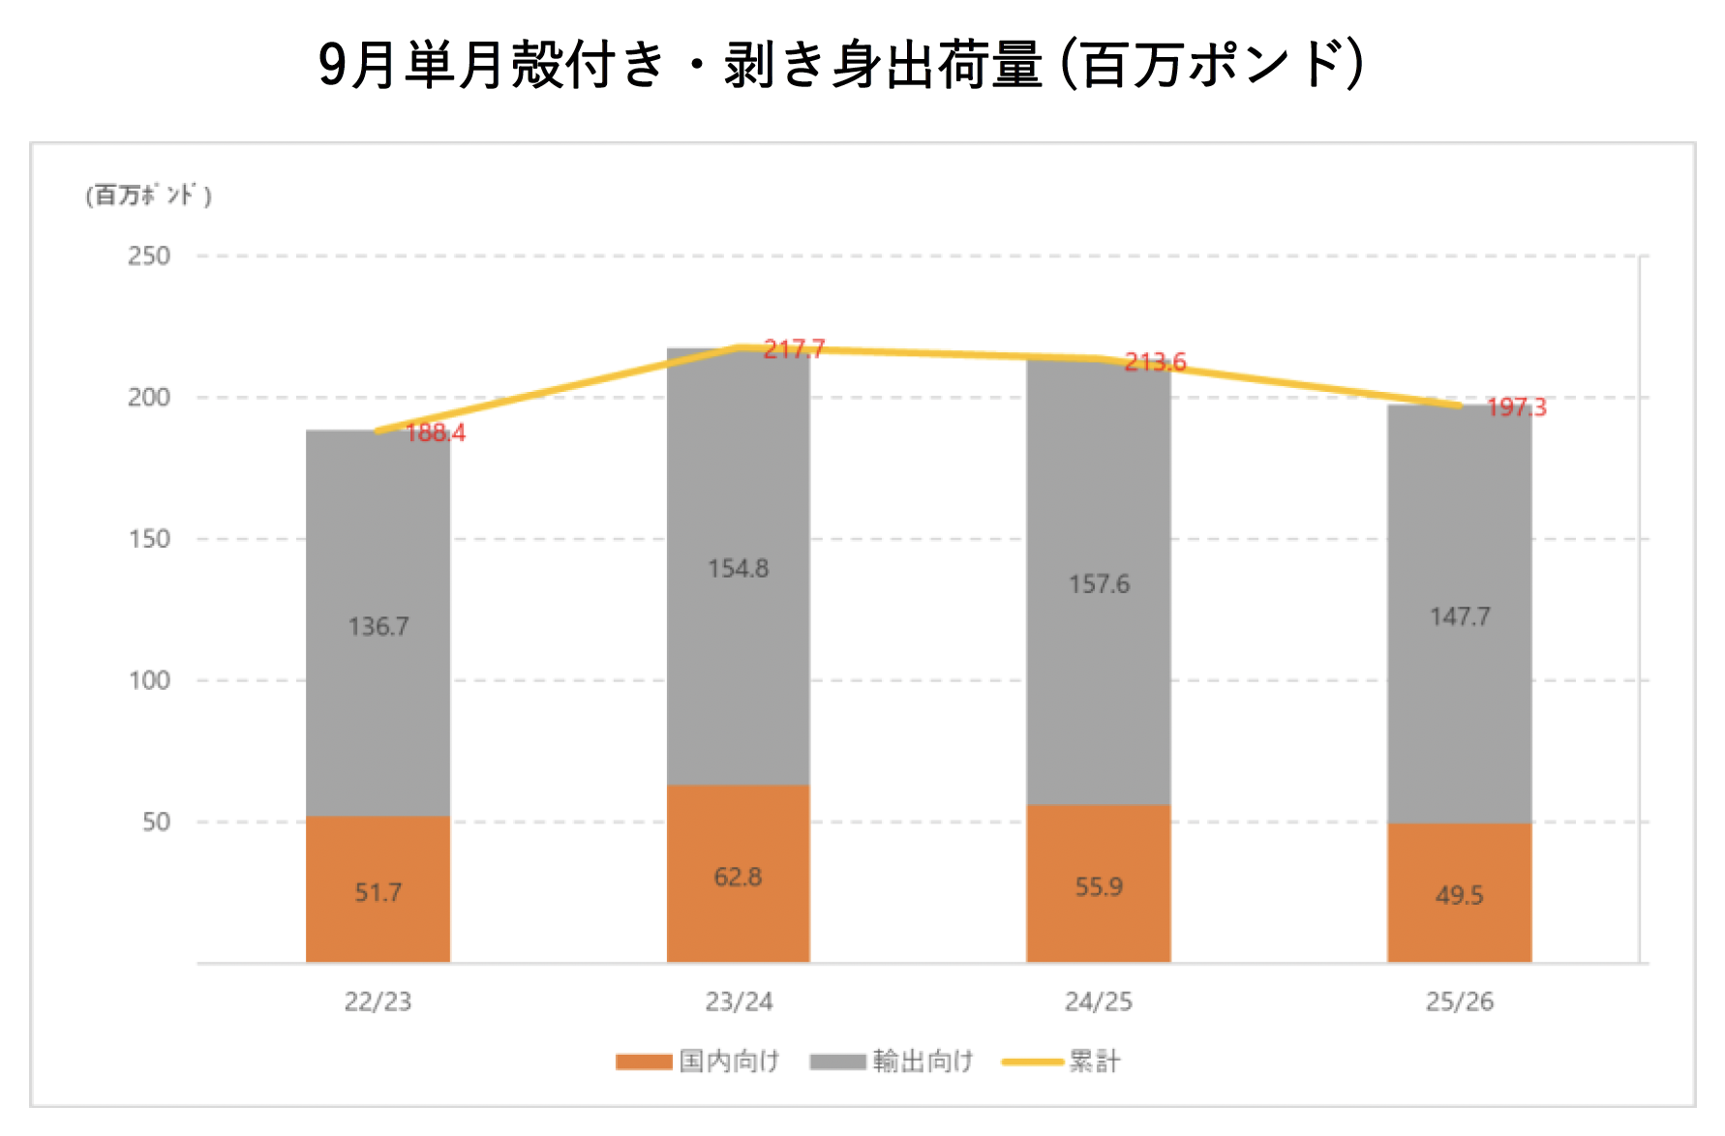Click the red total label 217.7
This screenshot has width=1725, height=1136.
pyautogui.click(x=794, y=349)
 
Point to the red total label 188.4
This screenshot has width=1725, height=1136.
pyautogui.click(x=435, y=433)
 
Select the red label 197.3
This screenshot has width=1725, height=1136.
pyautogui.click(x=1516, y=407)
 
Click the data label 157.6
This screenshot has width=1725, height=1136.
pyautogui.click(x=1099, y=583)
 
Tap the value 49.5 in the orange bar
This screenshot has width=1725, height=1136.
pyautogui.click(x=1459, y=895)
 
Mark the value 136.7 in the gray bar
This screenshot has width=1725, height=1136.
pyautogui.click(x=378, y=626)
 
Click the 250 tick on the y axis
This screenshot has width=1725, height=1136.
pyautogui.click(x=149, y=256)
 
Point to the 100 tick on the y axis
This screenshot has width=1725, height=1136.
pyautogui.click(x=149, y=680)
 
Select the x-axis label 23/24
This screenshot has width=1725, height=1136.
pyautogui.click(x=739, y=1001)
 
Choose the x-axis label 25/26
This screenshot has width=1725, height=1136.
pyautogui.click(x=1459, y=1001)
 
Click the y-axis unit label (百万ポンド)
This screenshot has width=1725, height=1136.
pyautogui.click(x=148, y=195)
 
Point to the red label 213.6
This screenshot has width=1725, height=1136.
pyautogui.click(x=1155, y=362)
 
